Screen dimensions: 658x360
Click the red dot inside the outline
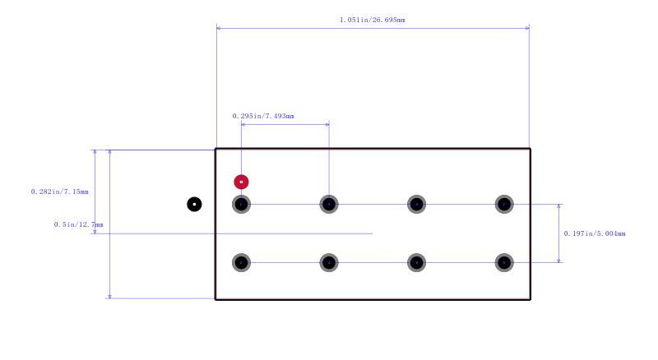click(x=241, y=182)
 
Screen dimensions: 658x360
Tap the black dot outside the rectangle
click(x=194, y=205)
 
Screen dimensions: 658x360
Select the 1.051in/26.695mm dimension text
click(x=373, y=20)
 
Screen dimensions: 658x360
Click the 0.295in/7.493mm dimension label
click(x=263, y=116)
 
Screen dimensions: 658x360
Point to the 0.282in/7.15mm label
click(x=59, y=192)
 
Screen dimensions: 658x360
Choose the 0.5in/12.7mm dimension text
click(x=78, y=224)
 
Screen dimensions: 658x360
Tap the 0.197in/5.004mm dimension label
click(x=595, y=233)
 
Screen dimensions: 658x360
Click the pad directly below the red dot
click(x=241, y=205)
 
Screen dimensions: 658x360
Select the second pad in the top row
click(x=329, y=205)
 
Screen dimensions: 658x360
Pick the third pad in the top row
click(x=417, y=205)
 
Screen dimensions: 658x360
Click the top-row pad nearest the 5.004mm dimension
click(x=504, y=205)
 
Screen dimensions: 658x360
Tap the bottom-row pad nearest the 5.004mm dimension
click(x=504, y=263)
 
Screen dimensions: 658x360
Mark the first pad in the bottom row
click(x=241, y=263)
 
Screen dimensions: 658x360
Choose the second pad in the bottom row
click(x=329, y=263)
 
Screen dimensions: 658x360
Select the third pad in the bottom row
click(x=417, y=263)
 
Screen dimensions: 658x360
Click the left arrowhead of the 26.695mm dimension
click(x=219, y=28)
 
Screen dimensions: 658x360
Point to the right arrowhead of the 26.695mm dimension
click(x=527, y=28)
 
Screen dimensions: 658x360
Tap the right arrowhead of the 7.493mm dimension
click(x=327, y=125)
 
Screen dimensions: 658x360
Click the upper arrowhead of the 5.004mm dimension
click(x=558, y=206)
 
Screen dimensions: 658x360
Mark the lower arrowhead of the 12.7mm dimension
click(x=109, y=296)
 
